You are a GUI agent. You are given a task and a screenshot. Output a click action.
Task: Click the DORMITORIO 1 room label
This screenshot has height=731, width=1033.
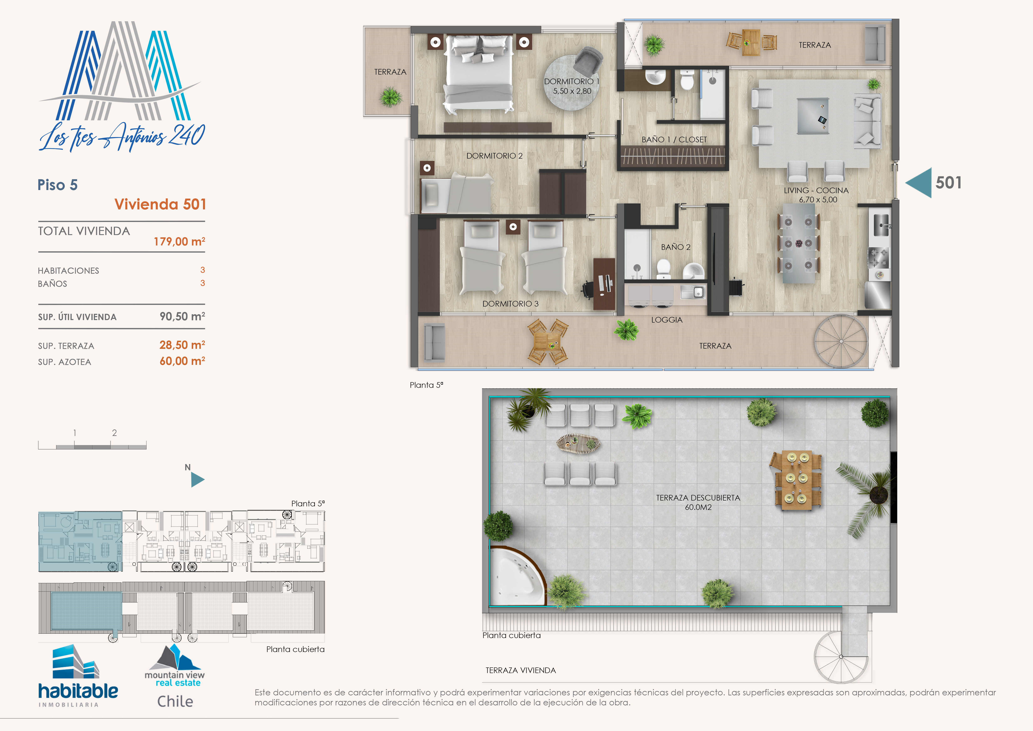pyautogui.click(x=571, y=81)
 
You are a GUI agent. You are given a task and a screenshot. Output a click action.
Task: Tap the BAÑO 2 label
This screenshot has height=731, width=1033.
pyautogui.click(x=675, y=247)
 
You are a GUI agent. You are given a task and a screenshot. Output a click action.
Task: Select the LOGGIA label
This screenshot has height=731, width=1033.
pyautogui.click(x=667, y=320)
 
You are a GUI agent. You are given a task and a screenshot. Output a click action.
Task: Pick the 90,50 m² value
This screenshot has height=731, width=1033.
pyautogui.click(x=182, y=317)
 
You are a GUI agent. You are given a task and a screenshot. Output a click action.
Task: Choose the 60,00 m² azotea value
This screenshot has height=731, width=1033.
pyautogui.click(x=182, y=361)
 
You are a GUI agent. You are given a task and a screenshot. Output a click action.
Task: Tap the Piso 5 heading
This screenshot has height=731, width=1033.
pyautogui.click(x=58, y=185)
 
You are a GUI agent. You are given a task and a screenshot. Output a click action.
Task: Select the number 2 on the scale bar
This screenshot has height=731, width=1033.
pyautogui.click(x=114, y=433)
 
